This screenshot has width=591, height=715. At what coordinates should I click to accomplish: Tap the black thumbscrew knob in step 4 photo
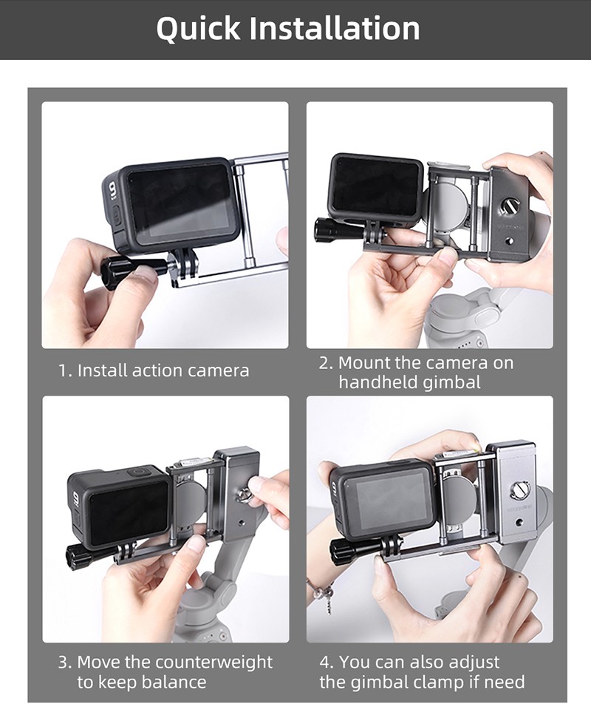click(341, 551)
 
